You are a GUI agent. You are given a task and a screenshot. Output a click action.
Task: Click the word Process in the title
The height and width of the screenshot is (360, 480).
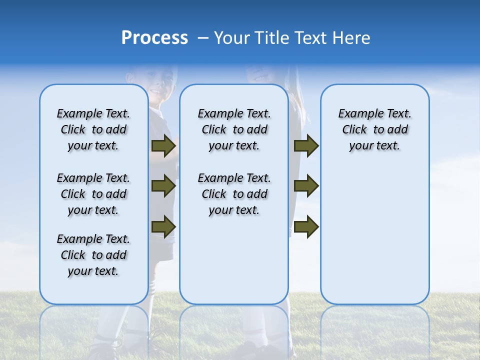(x=154, y=38)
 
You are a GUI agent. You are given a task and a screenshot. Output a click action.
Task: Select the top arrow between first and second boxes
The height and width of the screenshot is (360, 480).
(x=163, y=146)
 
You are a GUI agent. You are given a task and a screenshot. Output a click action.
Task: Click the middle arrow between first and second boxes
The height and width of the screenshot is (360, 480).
(x=163, y=186)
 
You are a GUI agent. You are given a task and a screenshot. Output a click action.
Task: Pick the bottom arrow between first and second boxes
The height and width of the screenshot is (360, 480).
(x=163, y=226)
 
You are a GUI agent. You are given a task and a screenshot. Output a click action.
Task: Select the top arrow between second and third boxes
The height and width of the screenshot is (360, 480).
(x=306, y=146)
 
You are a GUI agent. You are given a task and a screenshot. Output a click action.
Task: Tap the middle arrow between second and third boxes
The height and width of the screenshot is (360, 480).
(x=306, y=186)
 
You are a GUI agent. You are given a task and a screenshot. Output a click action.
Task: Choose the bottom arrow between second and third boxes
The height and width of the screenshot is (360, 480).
(x=306, y=226)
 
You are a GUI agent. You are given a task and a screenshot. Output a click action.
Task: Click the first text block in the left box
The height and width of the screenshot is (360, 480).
(x=93, y=129)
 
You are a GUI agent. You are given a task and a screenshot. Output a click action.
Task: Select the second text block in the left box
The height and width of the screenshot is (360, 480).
(x=93, y=194)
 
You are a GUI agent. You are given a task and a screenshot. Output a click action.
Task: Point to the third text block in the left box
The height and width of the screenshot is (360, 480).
(x=93, y=255)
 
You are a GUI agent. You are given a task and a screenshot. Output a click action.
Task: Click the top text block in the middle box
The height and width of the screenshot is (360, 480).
(x=234, y=129)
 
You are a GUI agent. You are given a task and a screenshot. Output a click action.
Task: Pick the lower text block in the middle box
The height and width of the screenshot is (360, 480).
(x=234, y=194)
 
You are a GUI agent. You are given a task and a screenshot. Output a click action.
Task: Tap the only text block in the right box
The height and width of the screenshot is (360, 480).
(x=374, y=129)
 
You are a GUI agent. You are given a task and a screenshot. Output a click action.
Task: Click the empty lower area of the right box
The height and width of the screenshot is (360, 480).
(x=374, y=240)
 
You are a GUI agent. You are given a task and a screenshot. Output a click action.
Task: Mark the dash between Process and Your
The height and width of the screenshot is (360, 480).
(x=203, y=38)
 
